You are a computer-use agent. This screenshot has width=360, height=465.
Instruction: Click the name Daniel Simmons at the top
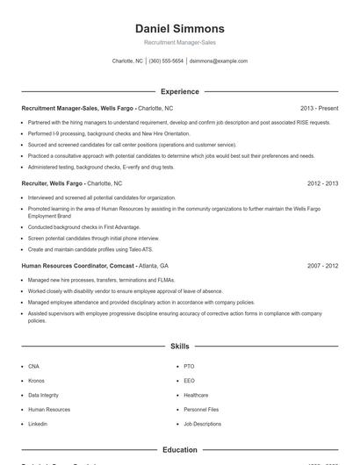(x=180, y=28)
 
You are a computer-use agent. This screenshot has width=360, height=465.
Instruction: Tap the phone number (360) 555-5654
(x=166, y=61)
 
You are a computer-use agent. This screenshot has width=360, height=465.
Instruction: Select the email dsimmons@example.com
(x=219, y=61)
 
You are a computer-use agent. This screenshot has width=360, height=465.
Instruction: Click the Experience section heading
(x=180, y=91)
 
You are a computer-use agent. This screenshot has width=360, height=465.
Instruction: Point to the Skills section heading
(x=180, y=347)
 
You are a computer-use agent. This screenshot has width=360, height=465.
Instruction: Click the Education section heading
(x=180, y=449)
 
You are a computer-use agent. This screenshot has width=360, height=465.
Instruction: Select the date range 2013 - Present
(x=319, y=108)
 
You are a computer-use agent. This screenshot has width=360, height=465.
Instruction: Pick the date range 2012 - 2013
(x=322, y=183)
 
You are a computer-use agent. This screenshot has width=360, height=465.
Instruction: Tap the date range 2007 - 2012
(x=322, y=265)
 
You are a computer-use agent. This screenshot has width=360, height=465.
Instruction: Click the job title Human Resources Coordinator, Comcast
(x=78, y=265)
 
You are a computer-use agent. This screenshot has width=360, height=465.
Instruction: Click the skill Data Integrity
(x=44, y=395)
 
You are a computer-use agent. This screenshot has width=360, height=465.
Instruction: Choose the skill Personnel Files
(x=201, y=410)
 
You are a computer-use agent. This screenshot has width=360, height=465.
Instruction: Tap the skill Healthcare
(x=196, y=395)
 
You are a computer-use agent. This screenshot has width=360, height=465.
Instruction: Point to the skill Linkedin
(x=38, y=424)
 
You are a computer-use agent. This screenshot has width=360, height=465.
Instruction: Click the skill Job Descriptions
(x=203, y=424)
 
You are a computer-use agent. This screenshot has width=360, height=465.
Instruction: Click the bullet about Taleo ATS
(x=85, y=249)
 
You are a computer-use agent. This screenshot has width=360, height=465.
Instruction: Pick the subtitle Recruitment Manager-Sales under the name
(x=180, y=42)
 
